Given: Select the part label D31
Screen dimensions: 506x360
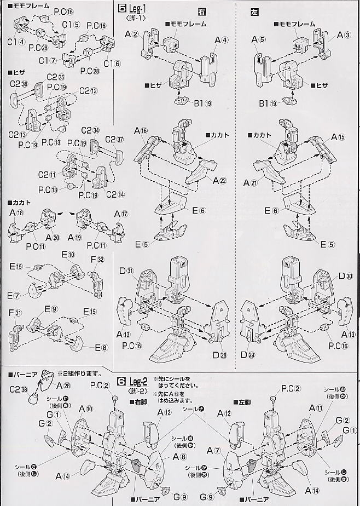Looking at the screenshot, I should (126, 272).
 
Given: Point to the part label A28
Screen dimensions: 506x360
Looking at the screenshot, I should (62, 386).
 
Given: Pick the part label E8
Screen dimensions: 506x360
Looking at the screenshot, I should (101, 347).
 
